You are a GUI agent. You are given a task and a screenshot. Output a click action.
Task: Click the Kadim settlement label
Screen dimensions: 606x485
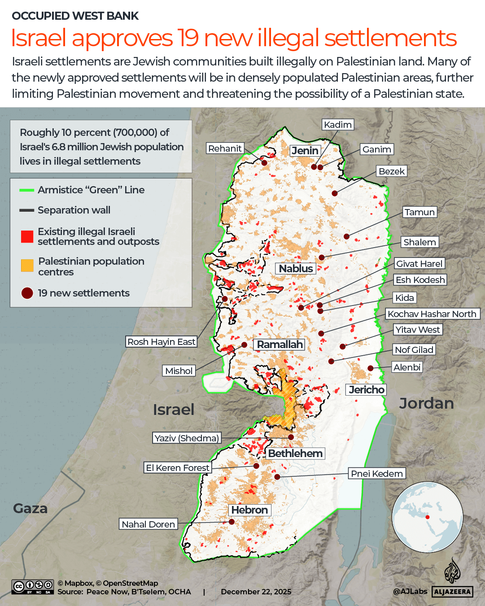[x=338, y=125]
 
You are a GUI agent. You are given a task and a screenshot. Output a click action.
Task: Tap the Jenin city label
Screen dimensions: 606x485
[x=305, y=151]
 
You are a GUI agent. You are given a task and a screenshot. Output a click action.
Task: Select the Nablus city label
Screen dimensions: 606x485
[x=296, y=269]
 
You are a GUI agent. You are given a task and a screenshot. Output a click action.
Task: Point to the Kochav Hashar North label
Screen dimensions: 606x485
[x=432, y=314]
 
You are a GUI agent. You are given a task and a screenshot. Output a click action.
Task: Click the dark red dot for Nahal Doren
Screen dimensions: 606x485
[x=232, y=522]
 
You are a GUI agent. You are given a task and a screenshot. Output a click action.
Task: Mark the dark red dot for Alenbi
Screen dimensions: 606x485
[x=371, y=368]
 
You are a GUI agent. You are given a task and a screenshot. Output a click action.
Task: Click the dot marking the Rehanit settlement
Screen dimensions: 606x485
[x=264, y=163]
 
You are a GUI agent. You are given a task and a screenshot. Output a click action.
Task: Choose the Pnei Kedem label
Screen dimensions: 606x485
[x=377, y=474]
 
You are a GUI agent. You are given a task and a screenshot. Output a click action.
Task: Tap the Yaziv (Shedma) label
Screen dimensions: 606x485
[x=187, y=438]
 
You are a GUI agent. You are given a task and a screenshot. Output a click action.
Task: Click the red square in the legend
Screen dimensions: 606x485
[x=27, y=236]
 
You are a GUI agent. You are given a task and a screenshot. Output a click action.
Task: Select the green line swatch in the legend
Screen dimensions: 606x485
[x=27, y=190]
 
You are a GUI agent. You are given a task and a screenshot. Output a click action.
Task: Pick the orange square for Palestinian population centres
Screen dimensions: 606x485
[x=27, y=266]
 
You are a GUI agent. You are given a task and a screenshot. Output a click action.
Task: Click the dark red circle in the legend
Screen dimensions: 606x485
[x=27, y=293]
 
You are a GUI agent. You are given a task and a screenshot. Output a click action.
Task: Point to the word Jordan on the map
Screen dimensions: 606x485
[x=426, y=403]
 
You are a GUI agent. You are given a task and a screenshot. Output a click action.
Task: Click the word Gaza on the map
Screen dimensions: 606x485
[x=30, y=509]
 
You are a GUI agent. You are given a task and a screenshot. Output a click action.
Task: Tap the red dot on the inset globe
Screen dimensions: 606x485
[x=428, y=517]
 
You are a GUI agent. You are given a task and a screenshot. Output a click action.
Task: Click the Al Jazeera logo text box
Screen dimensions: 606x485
[x=452, y=592]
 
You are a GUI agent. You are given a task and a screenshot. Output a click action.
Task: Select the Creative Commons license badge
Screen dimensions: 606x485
[x=33, y=587]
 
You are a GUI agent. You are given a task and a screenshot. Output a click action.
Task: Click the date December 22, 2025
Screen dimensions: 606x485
[x=256, y=592]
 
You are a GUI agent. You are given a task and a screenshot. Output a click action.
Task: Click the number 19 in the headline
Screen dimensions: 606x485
[x=188, y=38]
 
